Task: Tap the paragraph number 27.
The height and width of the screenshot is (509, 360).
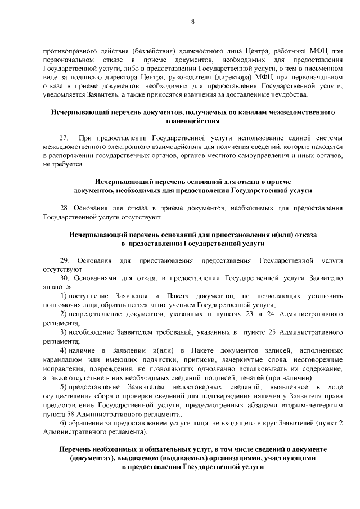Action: (64, 138)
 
